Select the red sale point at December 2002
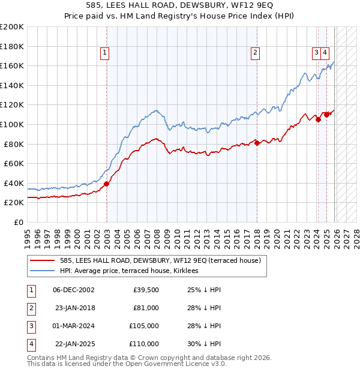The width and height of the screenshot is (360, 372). (x=106, y=184)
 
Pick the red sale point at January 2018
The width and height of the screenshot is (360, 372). (x=257, y=143)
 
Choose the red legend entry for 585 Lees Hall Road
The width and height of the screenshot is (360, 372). (x=160, y=261)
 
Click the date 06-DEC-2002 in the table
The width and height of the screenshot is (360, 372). (x=73, y=290)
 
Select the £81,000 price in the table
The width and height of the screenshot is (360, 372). (x=146, y=308)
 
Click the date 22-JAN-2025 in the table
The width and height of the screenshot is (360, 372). (x=74, y=344)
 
